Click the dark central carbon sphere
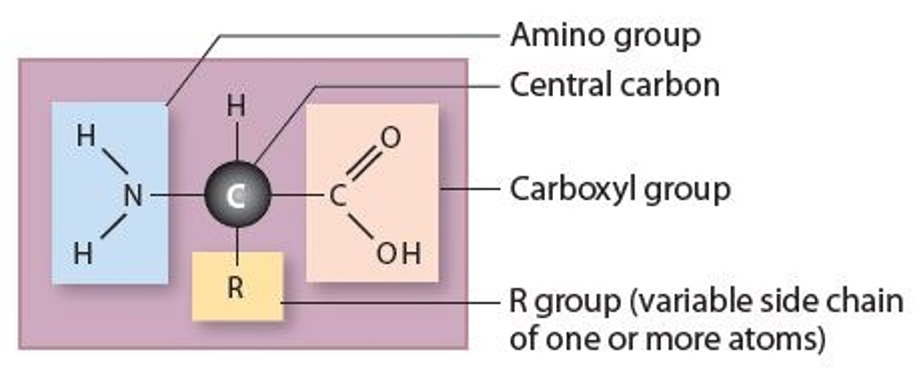(237, 195)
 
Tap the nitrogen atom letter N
(132, 195)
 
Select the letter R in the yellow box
(235, 289)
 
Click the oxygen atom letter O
(390, 138)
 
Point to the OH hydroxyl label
(398, 255)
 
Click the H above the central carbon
(236, 107)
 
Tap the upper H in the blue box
(85, 136)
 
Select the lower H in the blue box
(83, 255)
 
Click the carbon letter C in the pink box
(338, 196)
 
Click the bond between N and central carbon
(177, 195)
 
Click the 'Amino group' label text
(604, 36)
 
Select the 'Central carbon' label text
(614, 85)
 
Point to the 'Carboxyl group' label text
(619, 189)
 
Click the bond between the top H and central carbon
(237, 141)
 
